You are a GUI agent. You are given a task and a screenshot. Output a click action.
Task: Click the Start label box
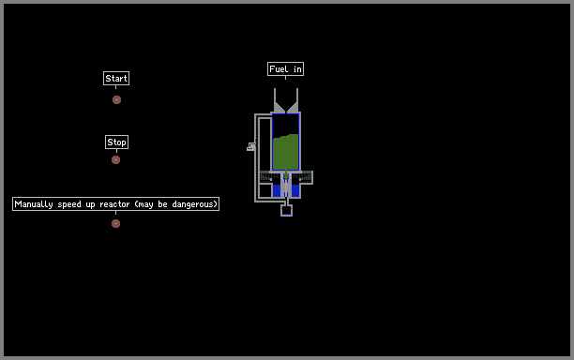pyautogui.click(x=116, y=79)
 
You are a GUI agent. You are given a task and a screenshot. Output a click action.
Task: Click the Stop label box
pyautogui.click(x=116, y=142)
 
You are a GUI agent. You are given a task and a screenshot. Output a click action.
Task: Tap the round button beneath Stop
pyautogui.click(x=115, y=160)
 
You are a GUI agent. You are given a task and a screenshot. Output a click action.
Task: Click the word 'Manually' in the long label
pyautogui.click(x=34, y=204)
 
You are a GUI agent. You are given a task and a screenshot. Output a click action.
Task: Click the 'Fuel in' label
pyautogui.click(x=285, y=69)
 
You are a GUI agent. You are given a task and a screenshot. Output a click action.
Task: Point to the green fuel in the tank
pyautogui.click(x=285, y=152)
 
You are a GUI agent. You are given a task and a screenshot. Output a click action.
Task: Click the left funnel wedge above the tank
pyautogui.click(x=279, y=107)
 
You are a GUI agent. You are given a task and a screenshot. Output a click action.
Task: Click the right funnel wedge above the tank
pyautogui.click(x=293, y=107)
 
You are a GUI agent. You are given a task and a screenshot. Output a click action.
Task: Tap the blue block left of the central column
pyautogui.click(x=277, y=190)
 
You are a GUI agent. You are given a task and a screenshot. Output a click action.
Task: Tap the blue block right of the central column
pyautogui.click(x=295, y=190)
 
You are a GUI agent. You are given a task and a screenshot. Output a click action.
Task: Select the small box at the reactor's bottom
pyautogui.click(x=286, y=210)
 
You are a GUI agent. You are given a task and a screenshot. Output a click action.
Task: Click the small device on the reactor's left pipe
pyautogui.click(x=251, y=146)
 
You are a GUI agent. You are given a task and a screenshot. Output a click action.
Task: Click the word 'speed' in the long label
pyautogui.click(x=69, y=204)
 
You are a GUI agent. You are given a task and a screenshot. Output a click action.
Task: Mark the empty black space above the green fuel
pyautogui.click(x=285, y=125)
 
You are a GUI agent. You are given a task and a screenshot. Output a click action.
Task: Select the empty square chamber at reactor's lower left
pyautogui.click(x=265, y=190)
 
